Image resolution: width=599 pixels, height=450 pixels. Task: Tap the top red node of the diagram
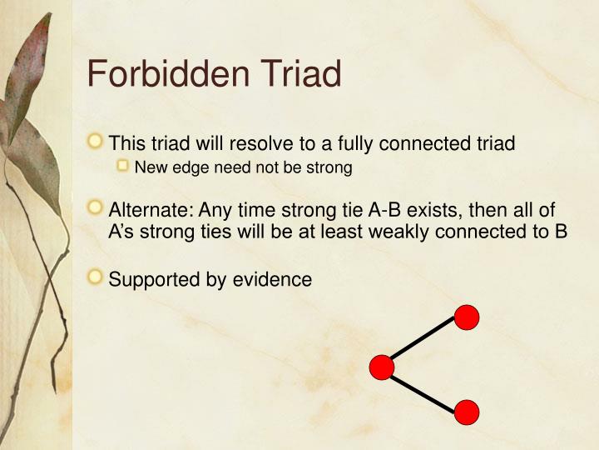click(467, 317)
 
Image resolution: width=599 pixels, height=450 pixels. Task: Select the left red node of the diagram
click(382, 367)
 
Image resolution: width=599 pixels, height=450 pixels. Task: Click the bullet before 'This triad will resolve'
click(97, 142)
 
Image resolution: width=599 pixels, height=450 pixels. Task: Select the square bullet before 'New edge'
click(123, 167)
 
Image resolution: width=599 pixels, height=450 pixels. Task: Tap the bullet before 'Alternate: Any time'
click(97, 207)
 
